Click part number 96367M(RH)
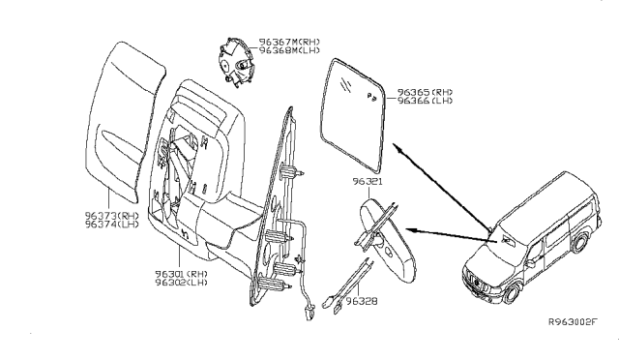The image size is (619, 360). [x=290, y=43]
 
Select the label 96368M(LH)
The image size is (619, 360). [x=290, y=51]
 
